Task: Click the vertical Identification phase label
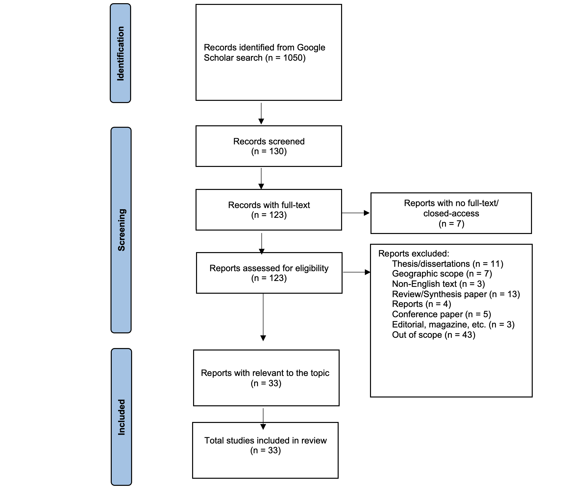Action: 121,53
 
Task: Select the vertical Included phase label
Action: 122,417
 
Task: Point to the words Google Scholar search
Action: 265,53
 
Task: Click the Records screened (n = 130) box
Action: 269,146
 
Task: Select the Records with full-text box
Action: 269,210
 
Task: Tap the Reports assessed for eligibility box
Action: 269,273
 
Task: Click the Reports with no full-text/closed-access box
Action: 451,213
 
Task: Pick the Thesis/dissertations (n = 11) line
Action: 448,264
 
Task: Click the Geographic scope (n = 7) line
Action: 442,273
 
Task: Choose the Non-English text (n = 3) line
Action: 438,284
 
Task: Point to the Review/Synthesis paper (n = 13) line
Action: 456,294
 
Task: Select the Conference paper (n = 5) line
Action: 441,314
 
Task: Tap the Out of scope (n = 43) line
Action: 434,335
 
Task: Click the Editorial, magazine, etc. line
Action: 453,324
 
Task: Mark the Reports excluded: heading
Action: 414,254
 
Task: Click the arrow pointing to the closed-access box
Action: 356,213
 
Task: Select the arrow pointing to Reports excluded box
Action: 357,272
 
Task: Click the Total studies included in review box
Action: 265,450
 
